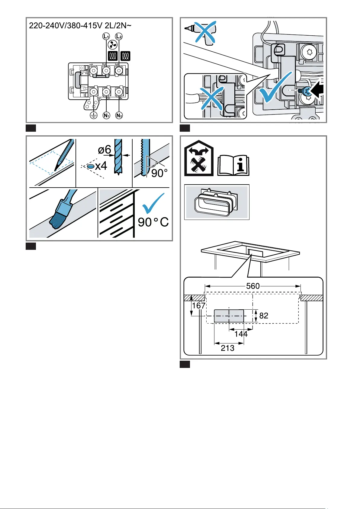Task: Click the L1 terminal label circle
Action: (x=106, y=37)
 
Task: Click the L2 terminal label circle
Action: (x=119, y=37)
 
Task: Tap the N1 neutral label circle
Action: (x=106, y=115)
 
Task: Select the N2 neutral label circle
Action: (x=119, y=115)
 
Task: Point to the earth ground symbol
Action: (x=94, y=115)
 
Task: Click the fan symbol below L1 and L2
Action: (x=112, y=46)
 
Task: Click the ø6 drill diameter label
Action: (x=104, y=150)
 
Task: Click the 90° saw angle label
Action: (x=159, y=173)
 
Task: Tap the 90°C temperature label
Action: (x=153, y=222)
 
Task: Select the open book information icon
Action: (x=233, y=166)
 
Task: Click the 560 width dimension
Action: (x=253, y=286)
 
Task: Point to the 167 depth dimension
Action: (x=199, y=306)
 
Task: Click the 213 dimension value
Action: (x=227, y=348)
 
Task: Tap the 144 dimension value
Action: (x=241, y=334)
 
